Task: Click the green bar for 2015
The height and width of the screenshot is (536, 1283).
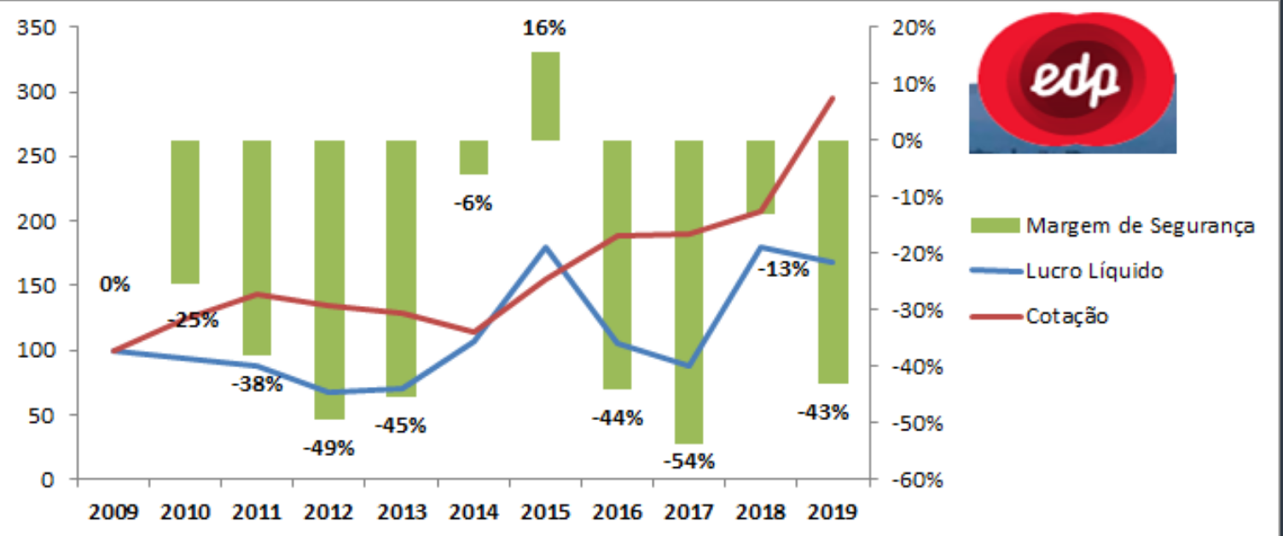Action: (545, 95)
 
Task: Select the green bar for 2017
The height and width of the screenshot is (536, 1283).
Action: (688, 291)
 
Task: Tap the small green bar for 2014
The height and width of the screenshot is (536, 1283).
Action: (473, 158)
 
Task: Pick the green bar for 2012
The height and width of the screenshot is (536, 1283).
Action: (329, 280)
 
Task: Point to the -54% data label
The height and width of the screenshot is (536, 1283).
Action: (689, 462)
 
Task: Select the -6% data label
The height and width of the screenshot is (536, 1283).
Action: (472, 204)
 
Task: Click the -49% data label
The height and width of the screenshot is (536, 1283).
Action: (328, 447)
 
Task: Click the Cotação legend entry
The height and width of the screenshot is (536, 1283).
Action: (1067, 316)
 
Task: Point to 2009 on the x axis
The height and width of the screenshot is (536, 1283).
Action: (113, 513)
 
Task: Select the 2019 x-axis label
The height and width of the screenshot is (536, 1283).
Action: (831, 513)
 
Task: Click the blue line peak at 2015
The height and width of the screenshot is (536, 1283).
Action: (545, 247)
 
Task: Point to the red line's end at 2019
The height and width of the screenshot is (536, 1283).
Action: (833, 98)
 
